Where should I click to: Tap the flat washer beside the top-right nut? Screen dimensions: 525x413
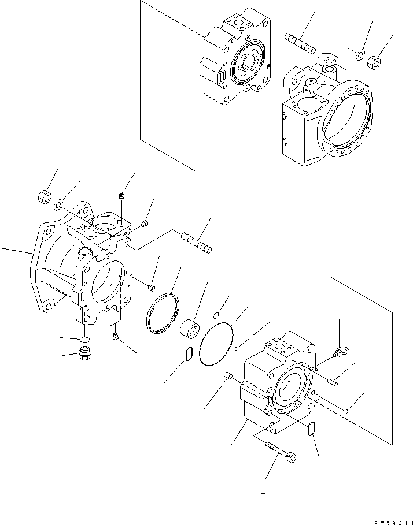(x=359, y=55)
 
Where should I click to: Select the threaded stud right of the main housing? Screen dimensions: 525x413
(x=197, y=243)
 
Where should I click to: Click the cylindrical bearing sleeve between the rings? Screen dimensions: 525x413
(x=191, y=327)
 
